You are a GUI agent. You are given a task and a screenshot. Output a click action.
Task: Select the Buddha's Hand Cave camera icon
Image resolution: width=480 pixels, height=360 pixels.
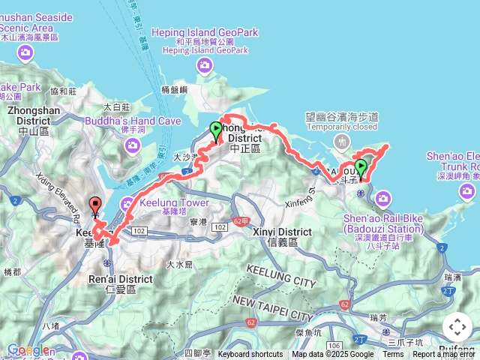[x=134, y=143]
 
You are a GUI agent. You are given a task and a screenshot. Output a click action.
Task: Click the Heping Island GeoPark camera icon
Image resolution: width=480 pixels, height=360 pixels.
[x=206, y=67]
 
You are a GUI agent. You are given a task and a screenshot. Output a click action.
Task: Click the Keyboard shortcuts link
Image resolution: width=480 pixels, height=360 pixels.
[x=250, y=355]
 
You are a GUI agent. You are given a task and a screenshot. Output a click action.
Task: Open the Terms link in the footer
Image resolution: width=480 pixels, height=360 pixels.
[x=393, y=355]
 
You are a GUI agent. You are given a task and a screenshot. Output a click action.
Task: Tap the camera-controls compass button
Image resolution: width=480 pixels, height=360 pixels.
[x=457, y=327]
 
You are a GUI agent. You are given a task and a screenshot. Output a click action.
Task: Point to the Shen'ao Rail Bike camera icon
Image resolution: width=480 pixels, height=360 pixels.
[x=383, y=198]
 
